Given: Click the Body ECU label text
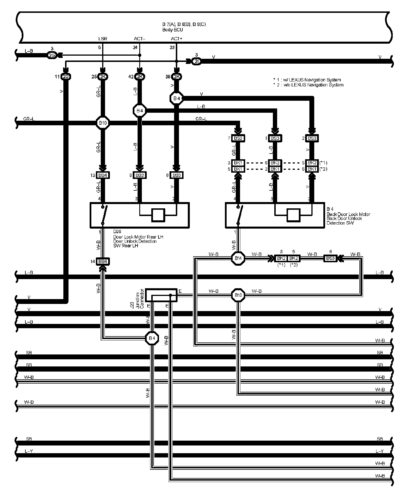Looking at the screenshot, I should point(172,30).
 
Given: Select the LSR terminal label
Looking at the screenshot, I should point(102,39).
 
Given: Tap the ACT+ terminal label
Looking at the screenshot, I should point(176,39).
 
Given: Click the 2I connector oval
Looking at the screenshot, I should point(196,61).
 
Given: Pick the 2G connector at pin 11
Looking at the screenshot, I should point(66,76).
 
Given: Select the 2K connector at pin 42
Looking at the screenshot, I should point(140,76).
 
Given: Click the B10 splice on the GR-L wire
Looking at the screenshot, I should point(102,123).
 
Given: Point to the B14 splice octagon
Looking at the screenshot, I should point(238,258).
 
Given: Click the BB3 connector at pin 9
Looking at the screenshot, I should point(140,175).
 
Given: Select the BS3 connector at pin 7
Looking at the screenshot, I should point(238,138).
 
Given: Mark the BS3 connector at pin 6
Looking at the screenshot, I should point(330,258).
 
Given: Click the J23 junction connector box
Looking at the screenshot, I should point(161,295).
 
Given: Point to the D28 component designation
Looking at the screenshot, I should point(117,232).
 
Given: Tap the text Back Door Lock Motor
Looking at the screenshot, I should point(348,214).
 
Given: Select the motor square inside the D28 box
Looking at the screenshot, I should point(158,215).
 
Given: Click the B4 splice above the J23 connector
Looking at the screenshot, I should point(152,338).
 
